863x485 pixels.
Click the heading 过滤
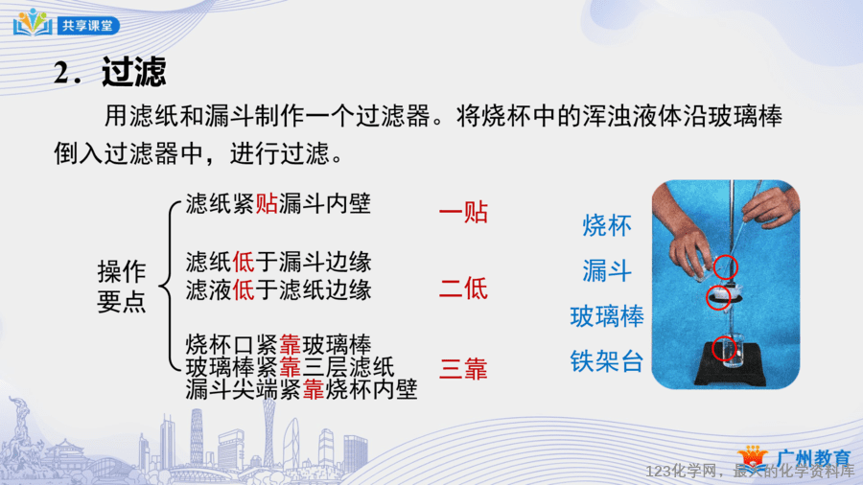click(x=133, y=72)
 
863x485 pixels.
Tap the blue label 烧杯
click(x=607, y=225)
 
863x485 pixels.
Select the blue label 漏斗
click(x=607, y=271)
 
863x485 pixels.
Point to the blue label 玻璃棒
click(x=607, y=316)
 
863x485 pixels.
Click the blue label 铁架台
click(x=607, y=361)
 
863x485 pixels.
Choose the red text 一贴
click(x=463, y=212)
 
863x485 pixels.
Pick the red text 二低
click(x=463, y=289)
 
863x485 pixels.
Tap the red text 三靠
click(x=463, y=368)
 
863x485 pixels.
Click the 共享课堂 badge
click(x=87, y=26)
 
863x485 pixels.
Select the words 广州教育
click(x=813, y=457)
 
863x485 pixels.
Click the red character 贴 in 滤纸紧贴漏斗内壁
click(x=267, y=203)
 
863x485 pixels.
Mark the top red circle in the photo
click(x=726, y=266)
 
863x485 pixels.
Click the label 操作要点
click(x=122, y=286)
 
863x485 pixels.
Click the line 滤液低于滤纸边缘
click(x=278, y=289)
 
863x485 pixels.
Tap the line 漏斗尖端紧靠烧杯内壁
click(x=302, y=389)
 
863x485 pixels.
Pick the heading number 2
click(x=67, y=73)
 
